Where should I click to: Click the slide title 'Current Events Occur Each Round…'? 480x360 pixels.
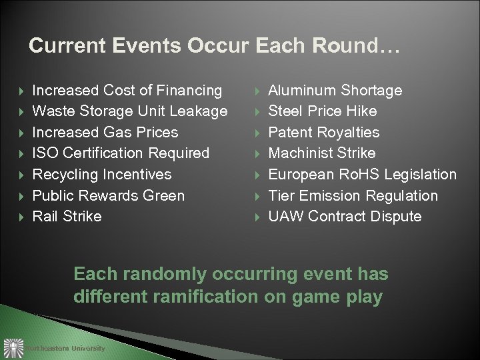(214, 46)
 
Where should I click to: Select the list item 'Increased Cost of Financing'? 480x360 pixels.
(127, 90)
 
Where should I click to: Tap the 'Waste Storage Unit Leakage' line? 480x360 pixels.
(130, 111)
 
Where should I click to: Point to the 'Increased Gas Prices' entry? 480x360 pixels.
(105, 132)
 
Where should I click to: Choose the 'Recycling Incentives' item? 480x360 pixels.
(102, 174)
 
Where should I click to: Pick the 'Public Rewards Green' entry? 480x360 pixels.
(109, 195)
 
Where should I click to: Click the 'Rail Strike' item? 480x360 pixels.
(67, 216)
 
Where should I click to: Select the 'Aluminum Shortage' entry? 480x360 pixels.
(335, 90)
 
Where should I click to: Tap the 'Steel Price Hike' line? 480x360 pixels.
(323, 111)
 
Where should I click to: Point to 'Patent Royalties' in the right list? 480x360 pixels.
(324, 132)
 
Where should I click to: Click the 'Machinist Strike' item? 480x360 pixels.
(322, 153)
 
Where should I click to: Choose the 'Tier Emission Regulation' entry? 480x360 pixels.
(353, 195)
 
